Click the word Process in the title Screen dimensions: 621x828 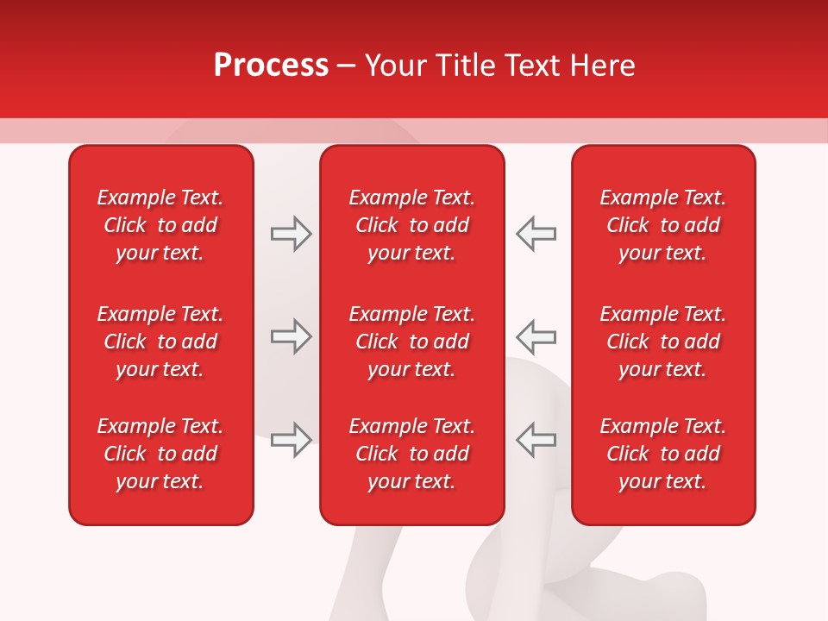271,66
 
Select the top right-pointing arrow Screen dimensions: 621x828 291,234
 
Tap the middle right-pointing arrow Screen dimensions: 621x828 291,336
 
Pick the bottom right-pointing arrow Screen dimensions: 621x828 291,440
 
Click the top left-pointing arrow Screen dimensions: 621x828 536,234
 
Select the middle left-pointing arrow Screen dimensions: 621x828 536,336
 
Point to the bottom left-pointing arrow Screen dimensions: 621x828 536,440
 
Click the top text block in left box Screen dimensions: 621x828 160,225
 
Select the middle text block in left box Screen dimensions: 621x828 160,342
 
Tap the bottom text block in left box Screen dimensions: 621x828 160,454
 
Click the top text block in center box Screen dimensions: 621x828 412,225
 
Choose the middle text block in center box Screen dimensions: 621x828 412,342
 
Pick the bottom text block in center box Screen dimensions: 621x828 412,454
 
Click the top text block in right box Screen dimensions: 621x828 663,225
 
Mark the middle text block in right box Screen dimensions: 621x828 663,342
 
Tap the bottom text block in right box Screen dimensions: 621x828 663,454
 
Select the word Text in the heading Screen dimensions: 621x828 530,66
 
